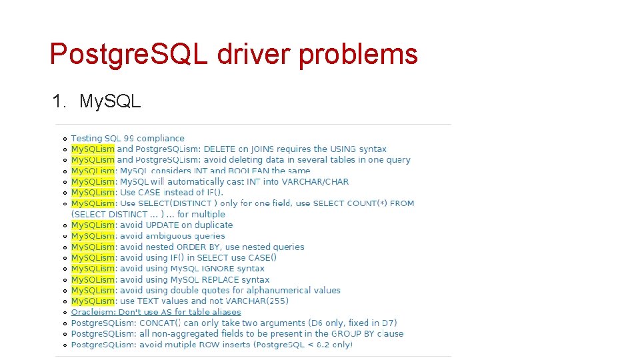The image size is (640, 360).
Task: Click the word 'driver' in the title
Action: coord(254,54)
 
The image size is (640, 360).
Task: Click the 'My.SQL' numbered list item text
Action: coord(110,101)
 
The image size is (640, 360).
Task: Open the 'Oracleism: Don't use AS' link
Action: coord(156,312)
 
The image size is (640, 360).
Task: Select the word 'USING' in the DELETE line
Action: coord(347,149)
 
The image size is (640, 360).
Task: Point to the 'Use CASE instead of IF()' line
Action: coord(171,193)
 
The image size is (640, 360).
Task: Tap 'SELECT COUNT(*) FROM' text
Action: coord(363,203)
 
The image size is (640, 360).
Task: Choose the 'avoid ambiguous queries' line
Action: coord(173,236)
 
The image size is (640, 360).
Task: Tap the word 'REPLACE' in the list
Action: coord(220,279)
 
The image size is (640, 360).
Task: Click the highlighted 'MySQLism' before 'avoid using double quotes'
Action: coord(93,291)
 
